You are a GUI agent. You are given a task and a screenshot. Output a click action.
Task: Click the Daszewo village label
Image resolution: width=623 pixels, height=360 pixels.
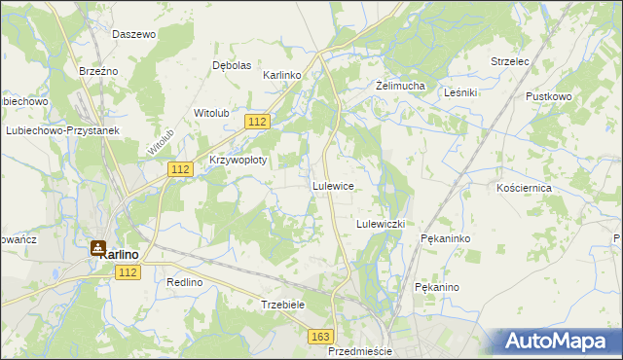134,34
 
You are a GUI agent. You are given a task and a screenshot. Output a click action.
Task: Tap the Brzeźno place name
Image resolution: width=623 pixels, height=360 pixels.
98,71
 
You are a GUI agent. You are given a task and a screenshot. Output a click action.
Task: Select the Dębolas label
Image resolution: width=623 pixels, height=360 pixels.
233,65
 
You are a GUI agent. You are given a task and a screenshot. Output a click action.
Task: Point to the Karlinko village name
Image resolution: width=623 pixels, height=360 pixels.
283,75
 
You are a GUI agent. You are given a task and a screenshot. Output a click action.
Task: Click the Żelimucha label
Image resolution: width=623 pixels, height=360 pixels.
401,86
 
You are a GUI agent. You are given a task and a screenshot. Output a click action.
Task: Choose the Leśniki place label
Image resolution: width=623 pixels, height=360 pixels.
459,92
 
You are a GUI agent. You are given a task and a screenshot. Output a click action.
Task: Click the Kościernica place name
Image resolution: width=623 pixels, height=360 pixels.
524,187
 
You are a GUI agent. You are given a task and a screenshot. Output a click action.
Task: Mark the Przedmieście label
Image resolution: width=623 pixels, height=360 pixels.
360,351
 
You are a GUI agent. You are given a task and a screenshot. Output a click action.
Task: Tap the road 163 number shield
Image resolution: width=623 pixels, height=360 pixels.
320,336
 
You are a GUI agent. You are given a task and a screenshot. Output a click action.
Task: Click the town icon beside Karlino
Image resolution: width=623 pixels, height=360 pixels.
98,249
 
